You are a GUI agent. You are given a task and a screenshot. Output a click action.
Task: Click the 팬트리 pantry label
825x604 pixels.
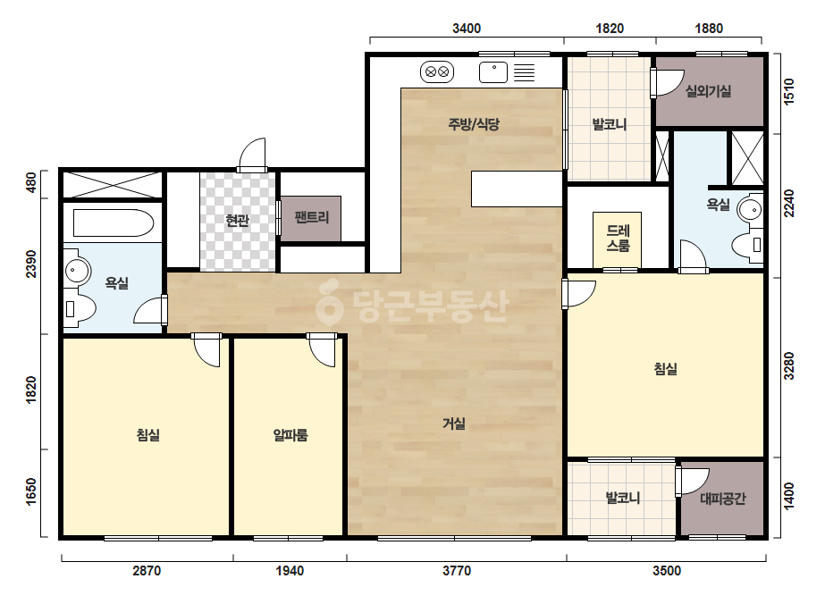pos(312,217)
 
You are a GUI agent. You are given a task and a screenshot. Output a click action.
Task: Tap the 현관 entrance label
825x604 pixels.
pos(237,220)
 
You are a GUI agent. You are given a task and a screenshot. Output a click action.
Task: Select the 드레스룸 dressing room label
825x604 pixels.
pos(618,238)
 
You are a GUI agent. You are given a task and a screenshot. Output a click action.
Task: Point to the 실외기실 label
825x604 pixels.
pos(708,91)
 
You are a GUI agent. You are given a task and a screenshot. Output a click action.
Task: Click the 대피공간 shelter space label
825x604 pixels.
pos(722,499)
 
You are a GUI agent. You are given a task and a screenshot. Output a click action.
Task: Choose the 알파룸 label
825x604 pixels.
pos(290,435)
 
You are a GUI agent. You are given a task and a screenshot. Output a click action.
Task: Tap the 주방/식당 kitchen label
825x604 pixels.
pos(474,124)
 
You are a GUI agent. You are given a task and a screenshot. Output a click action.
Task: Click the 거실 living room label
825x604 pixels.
pos(453,423)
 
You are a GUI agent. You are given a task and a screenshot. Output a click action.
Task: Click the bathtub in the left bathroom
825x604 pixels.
pos(114,223)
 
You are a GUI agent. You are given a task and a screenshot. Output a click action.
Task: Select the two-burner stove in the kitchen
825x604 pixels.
pos(437,71)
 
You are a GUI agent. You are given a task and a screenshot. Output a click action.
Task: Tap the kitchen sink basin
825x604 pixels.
pos(493,72)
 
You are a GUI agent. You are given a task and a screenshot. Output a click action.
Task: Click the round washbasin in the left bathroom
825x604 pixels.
pos(78,272)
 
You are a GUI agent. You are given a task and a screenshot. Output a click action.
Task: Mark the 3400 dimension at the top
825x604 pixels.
pos(467,29)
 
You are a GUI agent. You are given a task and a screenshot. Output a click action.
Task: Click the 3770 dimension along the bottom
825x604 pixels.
pos(457,571)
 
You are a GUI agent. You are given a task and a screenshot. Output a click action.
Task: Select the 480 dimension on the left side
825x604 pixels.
pos(31,182)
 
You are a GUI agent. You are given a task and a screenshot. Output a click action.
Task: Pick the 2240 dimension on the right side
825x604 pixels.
pos(789,203)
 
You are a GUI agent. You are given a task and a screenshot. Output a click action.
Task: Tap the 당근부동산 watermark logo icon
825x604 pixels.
pos(329,302)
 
